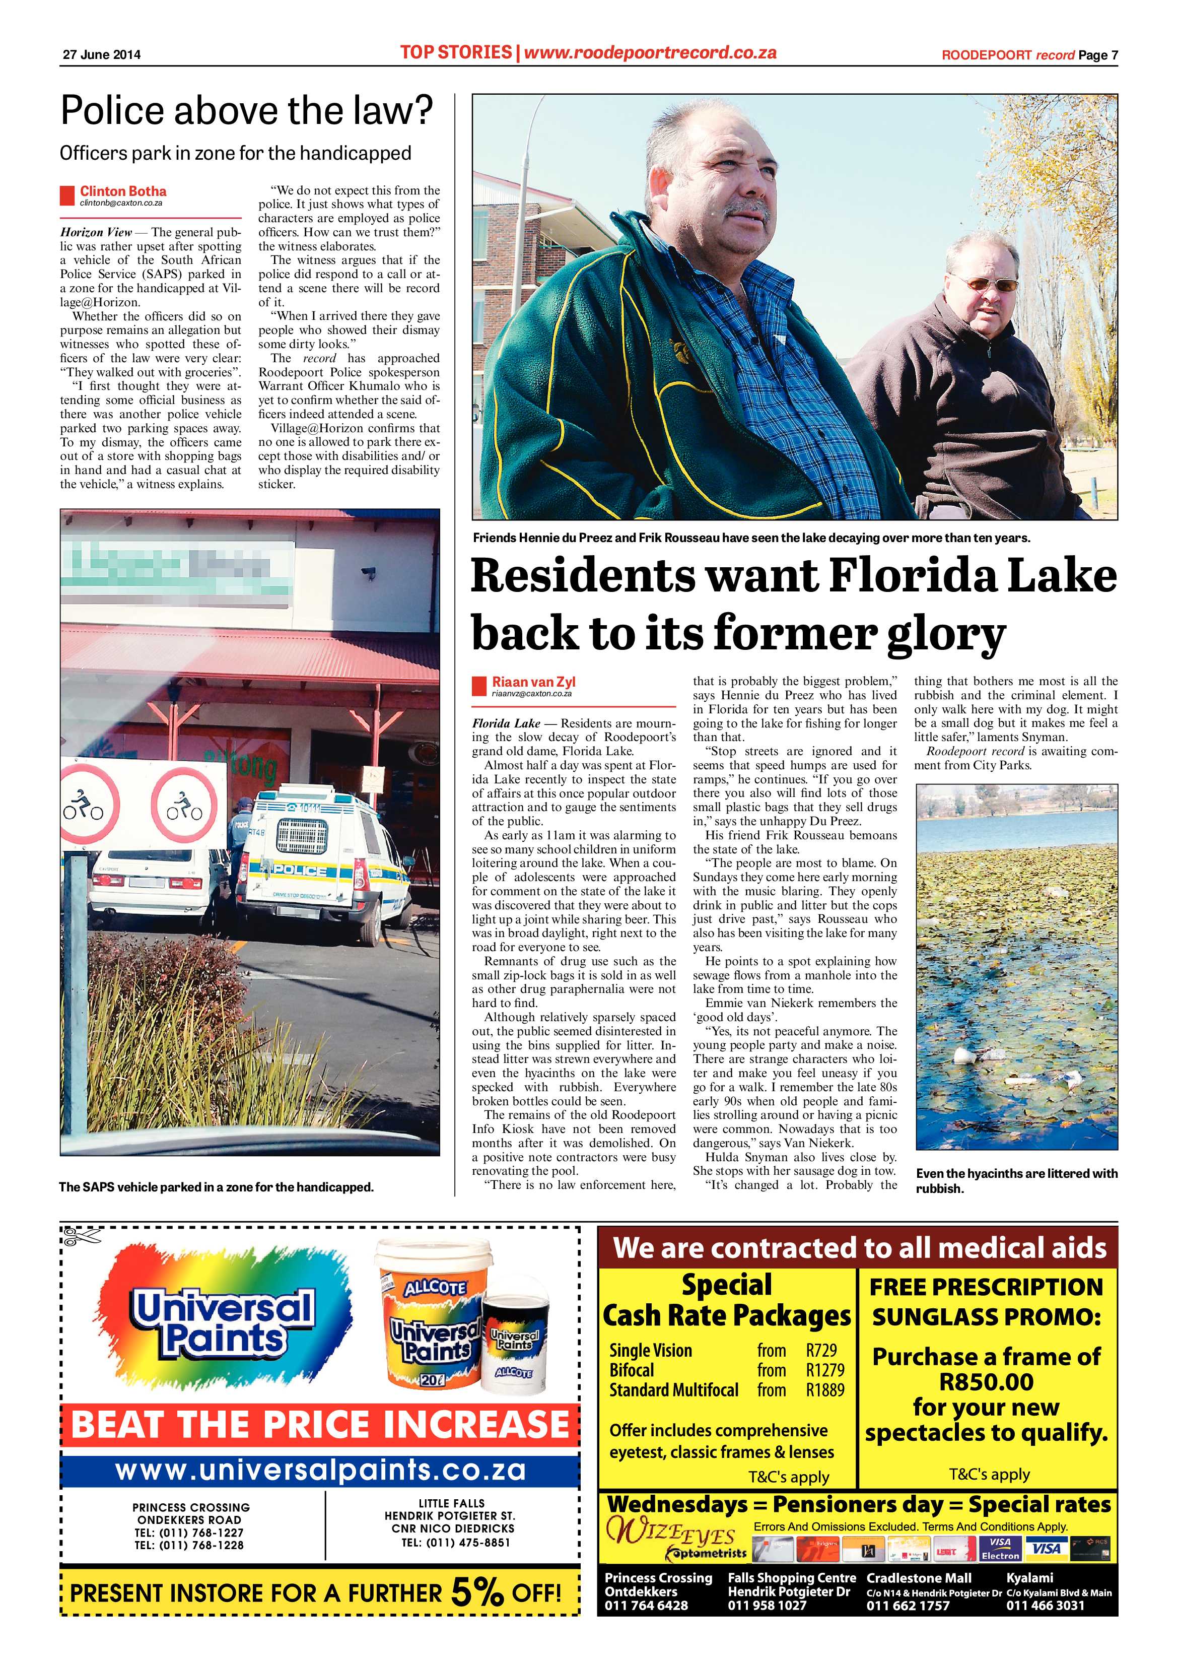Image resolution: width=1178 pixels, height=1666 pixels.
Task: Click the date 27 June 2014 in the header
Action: tap(101, 54)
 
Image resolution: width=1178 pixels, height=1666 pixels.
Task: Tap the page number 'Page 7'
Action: tap(1097, 55)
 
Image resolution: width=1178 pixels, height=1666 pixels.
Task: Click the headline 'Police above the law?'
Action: tap(247, 111)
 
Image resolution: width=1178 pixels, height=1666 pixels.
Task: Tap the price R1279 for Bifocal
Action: tap(825, 1370)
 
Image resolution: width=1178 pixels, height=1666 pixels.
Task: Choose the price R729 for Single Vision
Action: tap(821, 1350)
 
